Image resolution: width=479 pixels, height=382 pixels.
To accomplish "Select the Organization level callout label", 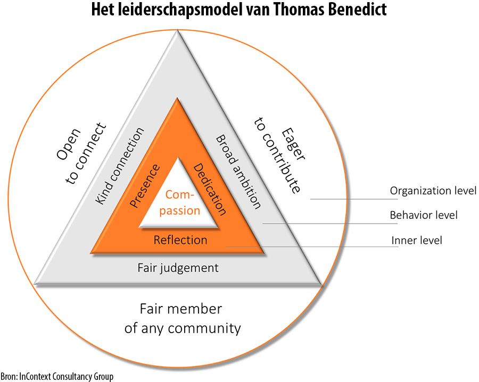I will (433, 190).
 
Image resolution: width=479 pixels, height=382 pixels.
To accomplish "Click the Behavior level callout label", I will (424, 215).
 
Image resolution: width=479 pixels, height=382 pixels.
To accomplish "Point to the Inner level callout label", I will (417, 241).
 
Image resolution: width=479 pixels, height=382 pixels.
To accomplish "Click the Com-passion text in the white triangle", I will (179, 202).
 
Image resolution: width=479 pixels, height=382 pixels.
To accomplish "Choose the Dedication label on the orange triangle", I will (210, 190).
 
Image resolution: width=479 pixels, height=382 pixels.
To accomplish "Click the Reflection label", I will (180, 240).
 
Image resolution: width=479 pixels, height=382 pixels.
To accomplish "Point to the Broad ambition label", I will (238, 171).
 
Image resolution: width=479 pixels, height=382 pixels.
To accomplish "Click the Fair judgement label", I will (178, 268).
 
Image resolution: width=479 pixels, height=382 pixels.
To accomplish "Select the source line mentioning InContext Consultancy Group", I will (57, 377).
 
